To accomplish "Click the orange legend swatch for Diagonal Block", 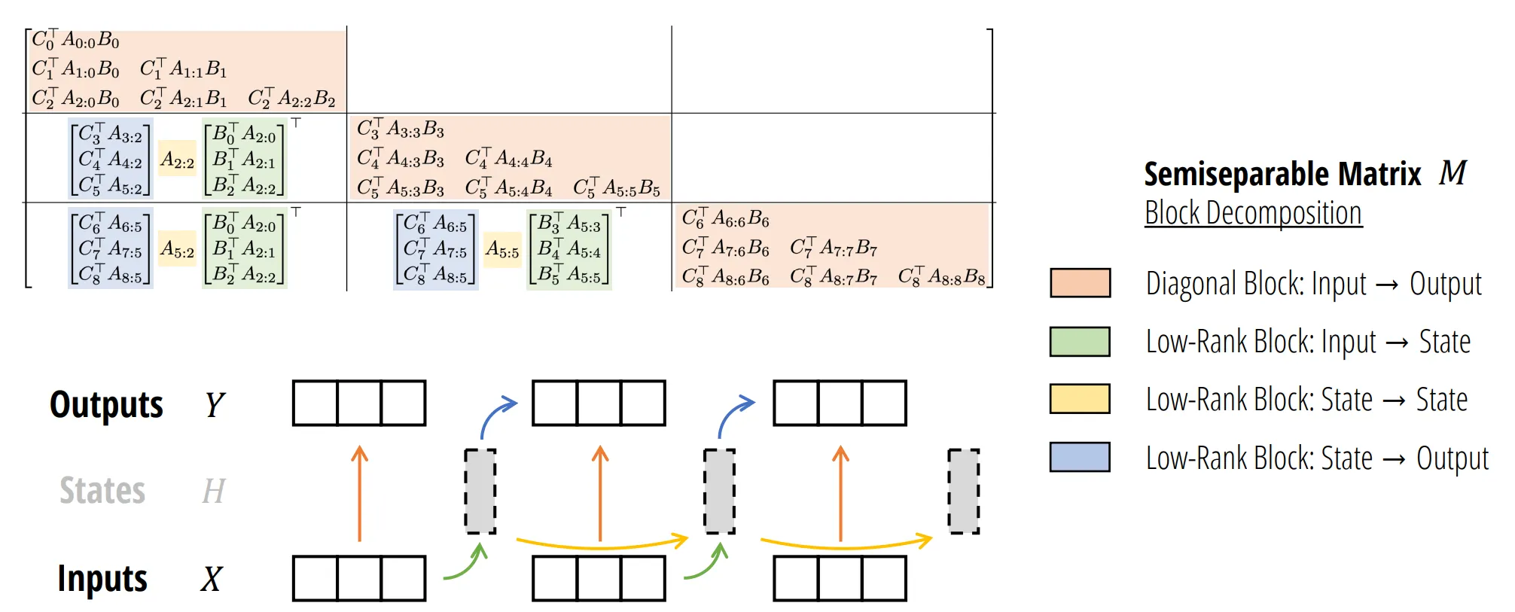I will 1080,283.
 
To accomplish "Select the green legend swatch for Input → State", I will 1080,341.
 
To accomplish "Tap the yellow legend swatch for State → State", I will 1080,399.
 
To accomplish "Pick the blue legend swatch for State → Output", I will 1080,457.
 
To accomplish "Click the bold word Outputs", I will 106,405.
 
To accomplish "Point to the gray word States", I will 102,491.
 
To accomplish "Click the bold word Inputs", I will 102,579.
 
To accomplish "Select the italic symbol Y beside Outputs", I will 214,405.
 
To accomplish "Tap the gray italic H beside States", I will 214,492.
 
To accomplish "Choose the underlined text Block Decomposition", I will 1253,213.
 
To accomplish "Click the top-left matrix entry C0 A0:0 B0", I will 75,40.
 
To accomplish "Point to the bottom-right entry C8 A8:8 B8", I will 941,277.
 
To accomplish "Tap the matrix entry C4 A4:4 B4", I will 508,159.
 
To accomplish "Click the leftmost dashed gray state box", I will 480,492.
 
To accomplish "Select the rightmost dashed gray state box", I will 963,492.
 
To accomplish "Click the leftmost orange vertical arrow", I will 360,493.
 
